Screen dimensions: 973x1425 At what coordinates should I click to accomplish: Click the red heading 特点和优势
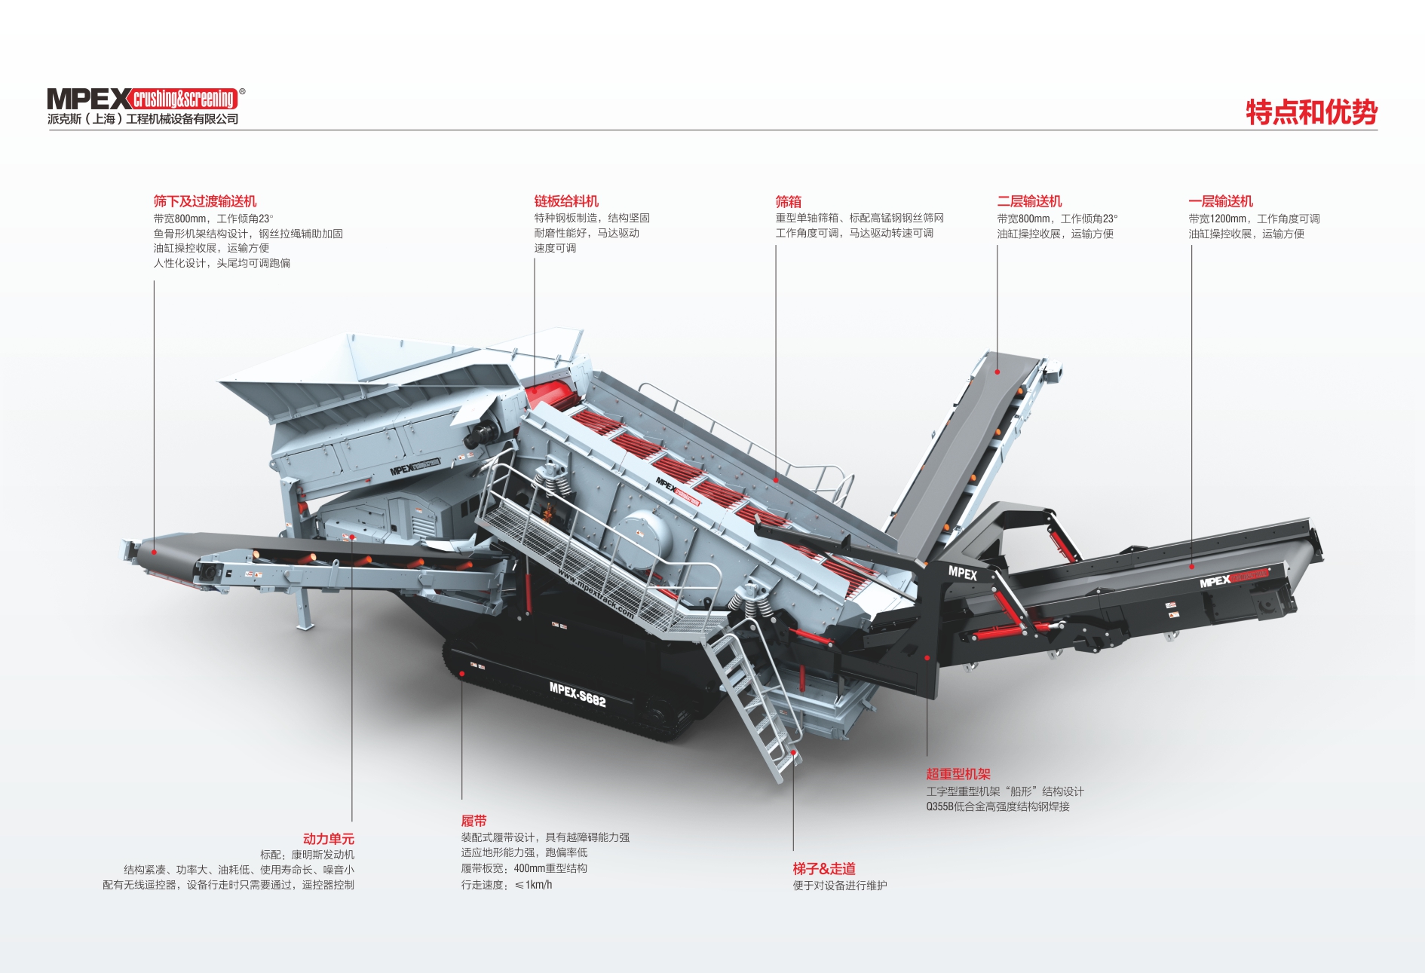coord(1311,112)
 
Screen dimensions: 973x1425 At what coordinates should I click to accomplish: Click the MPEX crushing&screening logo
coord(146,99)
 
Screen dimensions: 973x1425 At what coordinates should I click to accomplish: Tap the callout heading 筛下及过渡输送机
coord(205,201)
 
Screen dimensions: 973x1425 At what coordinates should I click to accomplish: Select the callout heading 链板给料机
coord(566,201)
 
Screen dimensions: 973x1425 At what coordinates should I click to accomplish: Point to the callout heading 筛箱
coord(789,201)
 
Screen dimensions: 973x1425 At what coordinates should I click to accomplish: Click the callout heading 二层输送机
coord(1029,201)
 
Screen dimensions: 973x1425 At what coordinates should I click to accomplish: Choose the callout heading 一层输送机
coord(1221,201)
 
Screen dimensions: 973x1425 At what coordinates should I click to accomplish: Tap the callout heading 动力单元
coord(328,839)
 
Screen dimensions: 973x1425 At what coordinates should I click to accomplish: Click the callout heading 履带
coord(474,821)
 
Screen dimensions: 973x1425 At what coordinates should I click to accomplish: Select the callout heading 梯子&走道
coord(824,868)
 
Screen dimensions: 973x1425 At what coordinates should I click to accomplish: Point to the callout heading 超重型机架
coord(958,774)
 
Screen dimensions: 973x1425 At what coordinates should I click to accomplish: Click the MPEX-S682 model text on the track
coord(578,694)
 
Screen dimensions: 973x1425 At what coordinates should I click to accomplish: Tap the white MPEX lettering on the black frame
coord(963,573)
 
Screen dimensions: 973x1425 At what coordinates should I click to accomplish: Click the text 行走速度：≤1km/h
coord(507,885)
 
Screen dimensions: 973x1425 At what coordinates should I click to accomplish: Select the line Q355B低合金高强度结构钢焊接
coord(997,806)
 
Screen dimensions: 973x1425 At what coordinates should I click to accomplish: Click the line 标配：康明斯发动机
coord(307,855)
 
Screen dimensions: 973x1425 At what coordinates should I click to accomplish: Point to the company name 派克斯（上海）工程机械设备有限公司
coord(142,119)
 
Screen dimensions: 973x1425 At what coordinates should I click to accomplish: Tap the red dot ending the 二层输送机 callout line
coord(997,371)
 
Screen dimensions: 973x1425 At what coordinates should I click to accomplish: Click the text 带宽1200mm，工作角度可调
coord(1254,219)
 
